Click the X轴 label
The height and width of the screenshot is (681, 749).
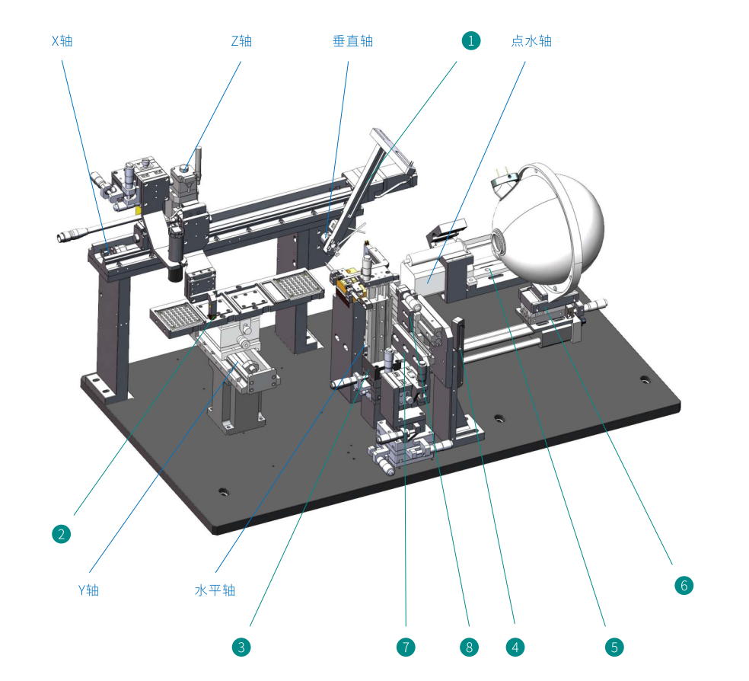(62, 41)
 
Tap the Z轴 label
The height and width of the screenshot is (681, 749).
(241, 41)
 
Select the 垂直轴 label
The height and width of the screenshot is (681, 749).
(352, 41)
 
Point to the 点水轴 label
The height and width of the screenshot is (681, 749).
(531, 41)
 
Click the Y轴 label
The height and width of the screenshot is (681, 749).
(88, 590)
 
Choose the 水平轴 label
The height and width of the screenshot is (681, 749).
(215, 590)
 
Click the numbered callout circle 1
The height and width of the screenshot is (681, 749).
(471, 40)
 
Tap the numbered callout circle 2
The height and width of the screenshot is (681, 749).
(61, 534)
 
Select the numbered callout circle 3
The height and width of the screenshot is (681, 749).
(241, 647)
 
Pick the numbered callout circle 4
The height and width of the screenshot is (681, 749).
(515, 647)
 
